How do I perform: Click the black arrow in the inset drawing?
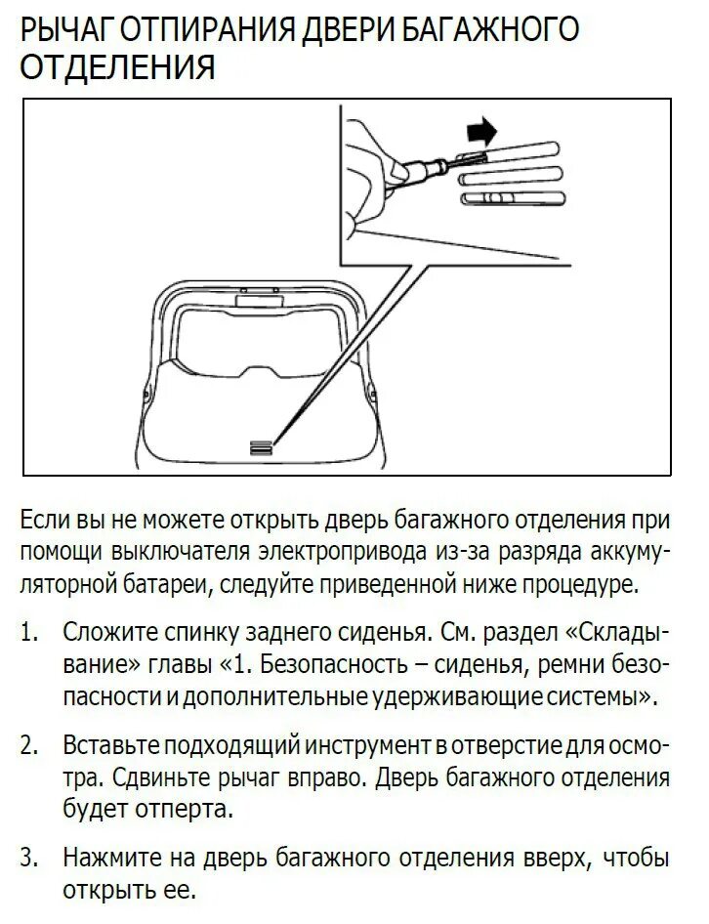480,129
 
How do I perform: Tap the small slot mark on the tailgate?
261,444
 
